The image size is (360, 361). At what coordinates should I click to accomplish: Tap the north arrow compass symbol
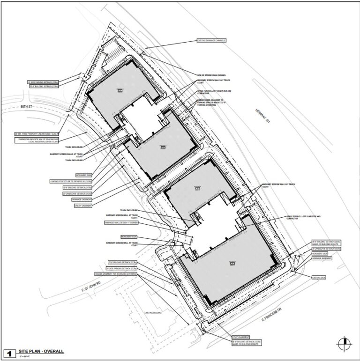click(345, 343)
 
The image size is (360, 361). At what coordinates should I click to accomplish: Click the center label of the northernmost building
click(120, 91)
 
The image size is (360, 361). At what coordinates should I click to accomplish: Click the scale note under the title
click(25, 357)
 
